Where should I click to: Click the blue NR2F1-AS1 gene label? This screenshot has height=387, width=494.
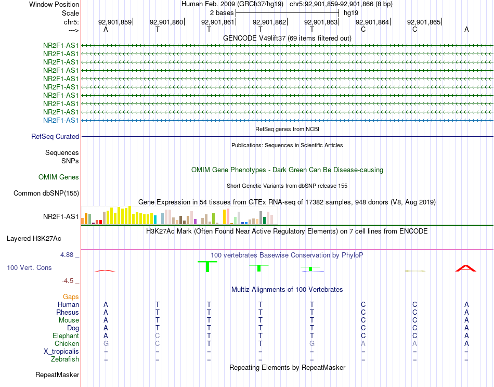[x=61, y=121]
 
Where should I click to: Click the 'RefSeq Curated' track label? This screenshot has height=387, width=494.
[x=55, y=137]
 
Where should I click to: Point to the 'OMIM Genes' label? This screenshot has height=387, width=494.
[x=59, y=177]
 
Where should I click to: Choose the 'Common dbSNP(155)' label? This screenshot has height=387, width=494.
[x=46, y=193]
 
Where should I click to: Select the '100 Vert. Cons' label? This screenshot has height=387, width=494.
[x=29, y=267]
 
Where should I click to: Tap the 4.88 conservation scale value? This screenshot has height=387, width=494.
[x=68, y=255]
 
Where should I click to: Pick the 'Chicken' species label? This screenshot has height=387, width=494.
[x=67, y=344]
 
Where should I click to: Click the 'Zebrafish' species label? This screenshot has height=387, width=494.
[x=65, y=359]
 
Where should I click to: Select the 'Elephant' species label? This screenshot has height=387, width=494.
[x=66, y=336]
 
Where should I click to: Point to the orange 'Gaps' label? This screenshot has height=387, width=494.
[x=71, y=296]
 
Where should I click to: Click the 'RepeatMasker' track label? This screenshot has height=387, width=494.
[x=57, y=375]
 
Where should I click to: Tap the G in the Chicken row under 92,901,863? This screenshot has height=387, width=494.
[x=312, y=344]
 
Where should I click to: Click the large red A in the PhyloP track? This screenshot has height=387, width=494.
[x=466, y=268]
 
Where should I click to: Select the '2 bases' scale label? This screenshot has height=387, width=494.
[x=222, y=12]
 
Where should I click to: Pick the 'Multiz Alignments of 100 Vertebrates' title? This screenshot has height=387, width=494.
[x=287, y=289]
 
